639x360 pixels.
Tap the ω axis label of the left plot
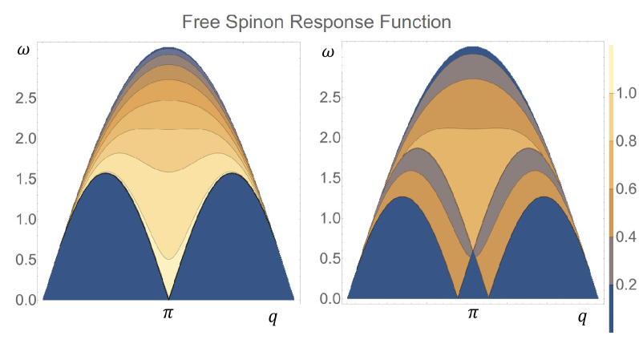(x=24, y=53)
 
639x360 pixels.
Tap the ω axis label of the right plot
(x=327, y=53)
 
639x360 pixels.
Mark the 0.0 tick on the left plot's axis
(x=25, y=299)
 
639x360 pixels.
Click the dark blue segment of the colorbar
(x=612, y=309)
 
